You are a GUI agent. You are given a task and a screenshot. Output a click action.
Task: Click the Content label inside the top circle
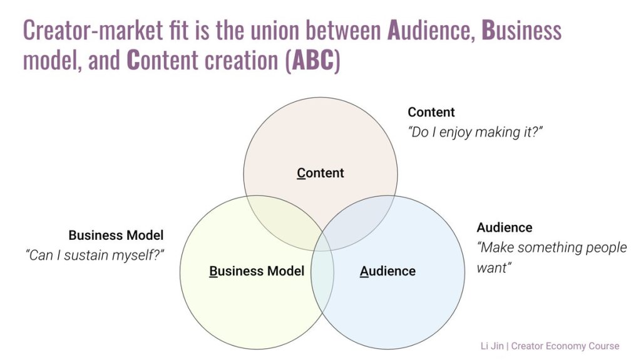click(x=320, y=173)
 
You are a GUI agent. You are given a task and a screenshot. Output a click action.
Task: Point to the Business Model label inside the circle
click(x=257, y=271)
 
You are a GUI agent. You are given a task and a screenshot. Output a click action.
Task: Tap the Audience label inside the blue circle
click(x=387, y=271)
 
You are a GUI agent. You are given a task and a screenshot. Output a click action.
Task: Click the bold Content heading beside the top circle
click(x=431, y=112)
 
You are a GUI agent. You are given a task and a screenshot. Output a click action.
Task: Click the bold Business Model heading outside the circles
click(x=116, y=235)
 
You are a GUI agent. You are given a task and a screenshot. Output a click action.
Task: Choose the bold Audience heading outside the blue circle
click(x=505, y=227)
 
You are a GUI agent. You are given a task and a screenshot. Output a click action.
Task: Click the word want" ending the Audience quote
click(x=495, y=268)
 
